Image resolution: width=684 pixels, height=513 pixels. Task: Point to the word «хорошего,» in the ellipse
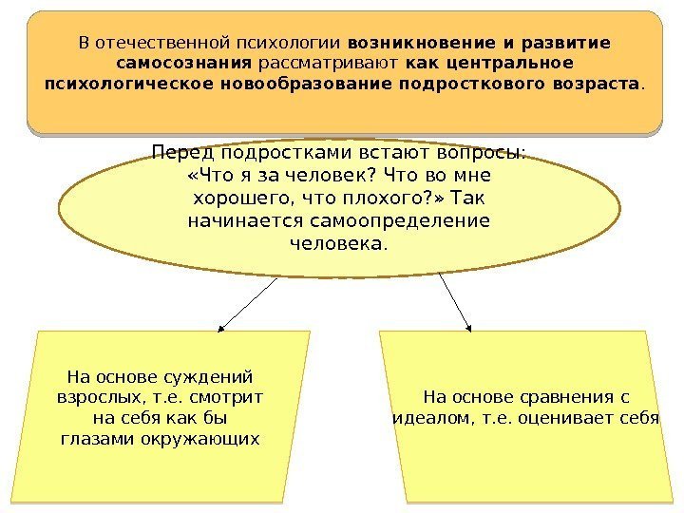[x=245, y=199]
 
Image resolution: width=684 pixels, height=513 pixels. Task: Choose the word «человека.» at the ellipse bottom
[x=338, y=244]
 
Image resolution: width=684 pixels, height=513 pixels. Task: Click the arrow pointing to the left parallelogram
[x=247, y=304]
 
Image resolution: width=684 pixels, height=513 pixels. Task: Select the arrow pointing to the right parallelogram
[x=456, y=304]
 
